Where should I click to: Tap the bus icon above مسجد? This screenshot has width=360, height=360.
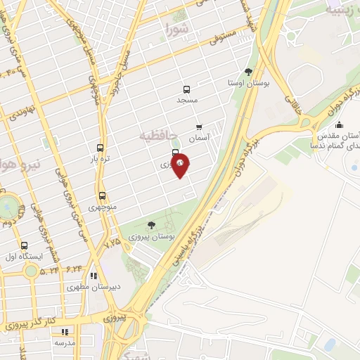pos(186,89)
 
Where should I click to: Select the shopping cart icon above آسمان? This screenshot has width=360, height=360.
pos(200,128)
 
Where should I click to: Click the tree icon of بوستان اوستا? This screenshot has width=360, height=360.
pos(248,72)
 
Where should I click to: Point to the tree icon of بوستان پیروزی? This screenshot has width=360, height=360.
pos(151,225)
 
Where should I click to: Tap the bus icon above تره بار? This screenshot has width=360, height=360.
pos(100,148)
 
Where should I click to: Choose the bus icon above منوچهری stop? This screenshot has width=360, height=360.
pos(102,195)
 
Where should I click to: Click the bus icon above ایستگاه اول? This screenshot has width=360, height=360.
pos(25,246)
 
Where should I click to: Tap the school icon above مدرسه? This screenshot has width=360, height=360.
pos(66,331)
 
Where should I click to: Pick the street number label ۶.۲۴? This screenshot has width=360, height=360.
pos(75,268)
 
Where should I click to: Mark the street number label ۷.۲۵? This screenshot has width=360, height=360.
pos(112,243)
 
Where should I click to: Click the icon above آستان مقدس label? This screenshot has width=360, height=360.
pos(339,125)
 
